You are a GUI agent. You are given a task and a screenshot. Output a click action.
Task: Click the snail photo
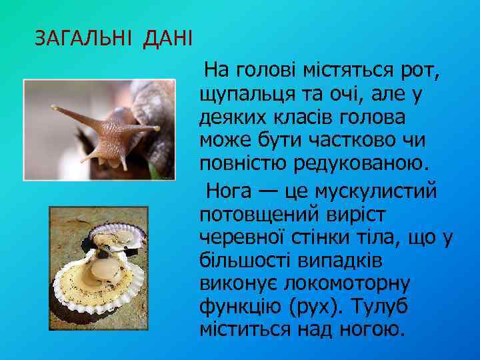tap(99, 129)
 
